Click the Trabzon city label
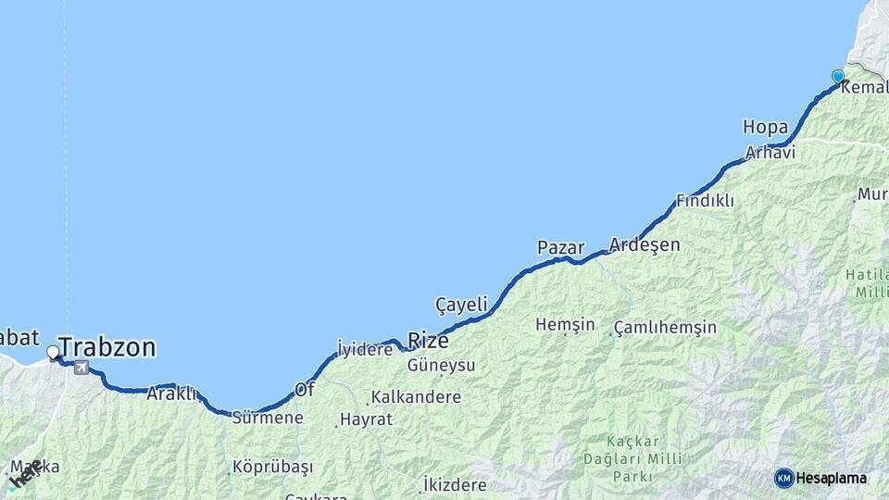[107, 348]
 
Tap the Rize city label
[428, 340]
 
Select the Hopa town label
[765, 127]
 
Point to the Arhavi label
[770, 152]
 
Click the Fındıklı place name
[705, 200]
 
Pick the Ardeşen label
[645, 245]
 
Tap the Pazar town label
[560, 247]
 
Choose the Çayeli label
[461, 304]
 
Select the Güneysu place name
[442, 365]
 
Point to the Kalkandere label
[416, 397]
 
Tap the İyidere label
[365, 349]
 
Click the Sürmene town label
[268, 418]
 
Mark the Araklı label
[171, 394]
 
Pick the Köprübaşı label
[273, 467]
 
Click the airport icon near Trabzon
[82, 369]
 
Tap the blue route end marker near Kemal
[838, 76]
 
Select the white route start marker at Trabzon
[53, 352]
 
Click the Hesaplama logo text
[831, 478]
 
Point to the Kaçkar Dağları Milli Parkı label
[646, 458]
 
